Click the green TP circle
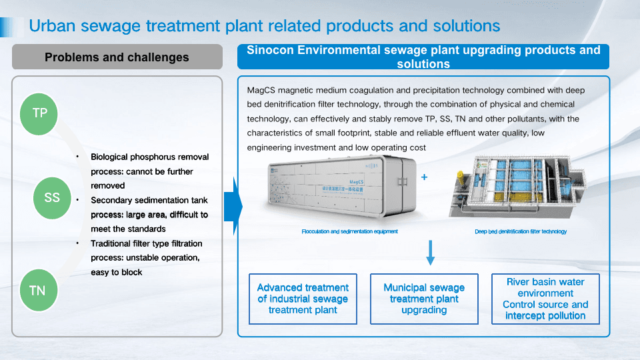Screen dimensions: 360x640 click(40, 113)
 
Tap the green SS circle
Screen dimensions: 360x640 click(52, 197)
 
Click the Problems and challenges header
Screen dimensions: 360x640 click(117, 57)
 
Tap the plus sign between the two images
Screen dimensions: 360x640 click(424, 178)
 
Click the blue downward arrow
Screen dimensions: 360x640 click(430, 253)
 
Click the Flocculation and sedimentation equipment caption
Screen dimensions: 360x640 click(349, 231)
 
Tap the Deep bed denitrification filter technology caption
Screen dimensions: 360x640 click(521, 231)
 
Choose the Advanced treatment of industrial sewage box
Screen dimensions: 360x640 click(303, 299)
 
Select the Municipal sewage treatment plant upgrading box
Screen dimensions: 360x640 click(424, 299)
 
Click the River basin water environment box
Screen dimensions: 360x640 click(545, 299)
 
